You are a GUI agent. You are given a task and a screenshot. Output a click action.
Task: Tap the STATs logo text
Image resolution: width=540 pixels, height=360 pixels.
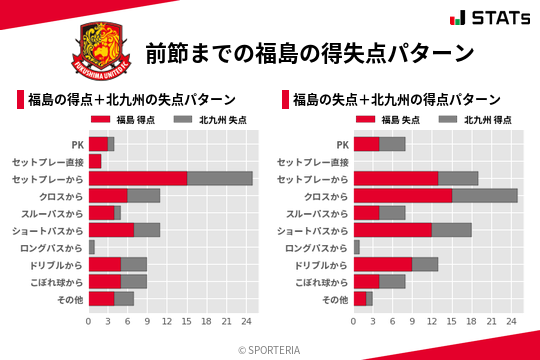(494, 17)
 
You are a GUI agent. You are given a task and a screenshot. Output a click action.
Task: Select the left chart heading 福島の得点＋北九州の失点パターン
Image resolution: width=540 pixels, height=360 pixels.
(130, 100)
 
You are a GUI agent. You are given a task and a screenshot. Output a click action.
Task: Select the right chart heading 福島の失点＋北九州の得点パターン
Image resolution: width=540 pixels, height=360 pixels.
(395, 100)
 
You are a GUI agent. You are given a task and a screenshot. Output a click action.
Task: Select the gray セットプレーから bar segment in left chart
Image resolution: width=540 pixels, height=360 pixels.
(220, 178)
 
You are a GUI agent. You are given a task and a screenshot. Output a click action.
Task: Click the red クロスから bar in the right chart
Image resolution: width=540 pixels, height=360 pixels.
(403, 195)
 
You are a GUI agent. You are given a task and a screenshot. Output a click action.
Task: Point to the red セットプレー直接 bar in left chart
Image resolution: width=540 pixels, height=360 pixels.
(95, 161)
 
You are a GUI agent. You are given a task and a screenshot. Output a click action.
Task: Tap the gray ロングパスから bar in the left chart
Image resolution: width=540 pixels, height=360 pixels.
(92, 247)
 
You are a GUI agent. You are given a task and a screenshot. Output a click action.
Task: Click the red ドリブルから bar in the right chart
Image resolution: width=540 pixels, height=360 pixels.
(383, 264)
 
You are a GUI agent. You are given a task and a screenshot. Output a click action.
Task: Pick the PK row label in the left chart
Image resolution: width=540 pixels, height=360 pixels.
(77, 144)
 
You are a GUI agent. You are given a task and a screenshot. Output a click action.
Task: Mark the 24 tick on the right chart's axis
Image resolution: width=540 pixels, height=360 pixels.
(511, 322)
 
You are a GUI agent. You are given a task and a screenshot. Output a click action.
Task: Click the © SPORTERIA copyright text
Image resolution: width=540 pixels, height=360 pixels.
(270, 349)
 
